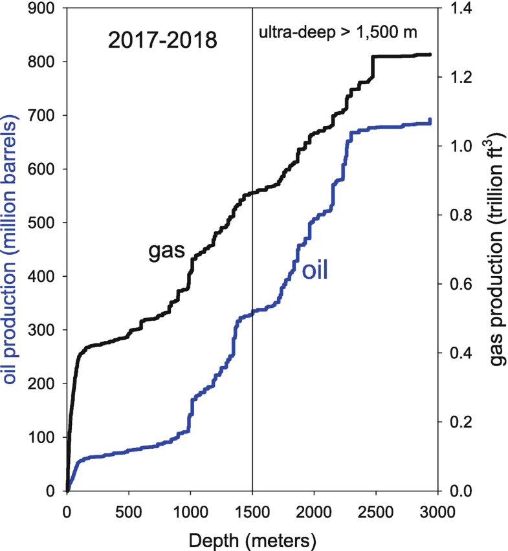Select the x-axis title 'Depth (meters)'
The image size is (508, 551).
[252, 537]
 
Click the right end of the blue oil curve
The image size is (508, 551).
[430, 120]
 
